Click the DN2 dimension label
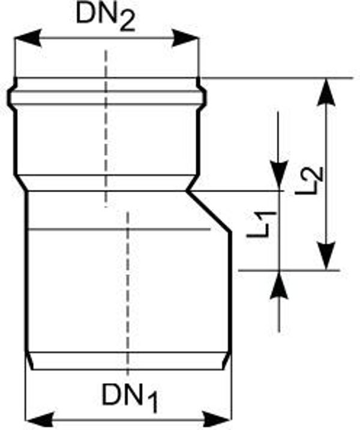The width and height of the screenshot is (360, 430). point(106,17)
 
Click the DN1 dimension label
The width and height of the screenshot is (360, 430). point(130,397)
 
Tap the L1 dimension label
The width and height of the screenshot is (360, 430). point(260,224)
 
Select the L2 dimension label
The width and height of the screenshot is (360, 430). point(310,180)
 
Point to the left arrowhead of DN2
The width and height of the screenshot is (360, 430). point(28,38)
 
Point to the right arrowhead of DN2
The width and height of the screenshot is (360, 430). point(185,38)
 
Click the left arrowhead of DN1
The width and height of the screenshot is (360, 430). point(39,420)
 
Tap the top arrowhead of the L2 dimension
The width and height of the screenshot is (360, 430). point(326,92)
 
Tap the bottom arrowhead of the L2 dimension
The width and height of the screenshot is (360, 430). point(326,256)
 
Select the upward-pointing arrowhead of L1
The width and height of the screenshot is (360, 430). point(279,285)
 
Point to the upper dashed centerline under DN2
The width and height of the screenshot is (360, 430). point(106,129)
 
